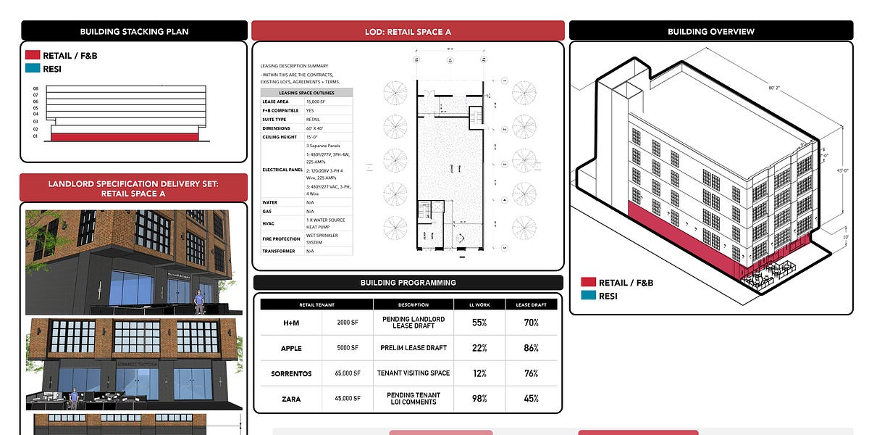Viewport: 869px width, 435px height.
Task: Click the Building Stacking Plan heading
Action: [x=134, y=31]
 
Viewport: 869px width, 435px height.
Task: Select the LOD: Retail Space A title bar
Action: [x=408, y=31]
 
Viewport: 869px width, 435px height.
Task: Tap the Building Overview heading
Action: [x=710, y=31]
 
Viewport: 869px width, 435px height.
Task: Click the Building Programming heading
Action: [x=408, y=283]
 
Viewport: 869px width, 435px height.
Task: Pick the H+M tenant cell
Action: [x=291, y=323]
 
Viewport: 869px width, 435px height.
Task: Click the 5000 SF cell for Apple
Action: [x=348, y=348]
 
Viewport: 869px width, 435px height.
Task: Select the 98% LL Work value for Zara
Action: [x=479, y=399]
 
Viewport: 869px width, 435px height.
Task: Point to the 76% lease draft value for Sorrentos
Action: [x=532, y=373]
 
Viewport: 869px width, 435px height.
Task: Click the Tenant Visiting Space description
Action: [x=413, y=373]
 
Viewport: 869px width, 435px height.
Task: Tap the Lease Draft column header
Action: [x=532, y=304]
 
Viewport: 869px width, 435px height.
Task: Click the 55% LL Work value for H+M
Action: [x=479, y=323]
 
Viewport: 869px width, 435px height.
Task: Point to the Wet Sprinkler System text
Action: [x=322, y=239]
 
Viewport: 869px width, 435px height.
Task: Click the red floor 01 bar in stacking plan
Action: [x=124, y=136]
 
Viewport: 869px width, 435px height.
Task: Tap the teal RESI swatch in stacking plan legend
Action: [x=33, y=68]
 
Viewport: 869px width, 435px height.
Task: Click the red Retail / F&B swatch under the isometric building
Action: [x=588, y=282]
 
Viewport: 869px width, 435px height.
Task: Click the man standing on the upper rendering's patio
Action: [x=199, y=301]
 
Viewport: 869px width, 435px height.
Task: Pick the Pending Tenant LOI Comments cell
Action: [x=413, y=399]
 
